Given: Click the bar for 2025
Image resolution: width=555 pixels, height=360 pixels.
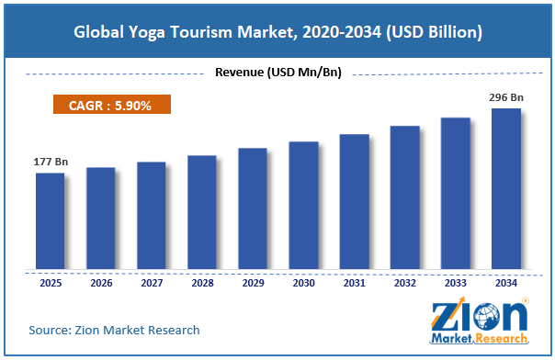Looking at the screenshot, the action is click(50, 221).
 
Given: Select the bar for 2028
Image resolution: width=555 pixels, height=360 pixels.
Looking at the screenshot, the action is click(202, 212).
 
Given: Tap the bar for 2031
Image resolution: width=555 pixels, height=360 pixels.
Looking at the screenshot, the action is click(355, 201).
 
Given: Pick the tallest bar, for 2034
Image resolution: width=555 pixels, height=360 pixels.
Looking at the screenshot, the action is click(506, 189).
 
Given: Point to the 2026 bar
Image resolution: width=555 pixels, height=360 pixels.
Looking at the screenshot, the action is click(100, 219).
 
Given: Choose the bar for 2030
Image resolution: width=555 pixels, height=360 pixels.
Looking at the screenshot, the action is click(303, 206).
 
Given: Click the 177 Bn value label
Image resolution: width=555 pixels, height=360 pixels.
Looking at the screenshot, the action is click(51, 162).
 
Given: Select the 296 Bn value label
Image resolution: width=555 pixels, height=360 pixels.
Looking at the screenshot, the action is click(506, 97).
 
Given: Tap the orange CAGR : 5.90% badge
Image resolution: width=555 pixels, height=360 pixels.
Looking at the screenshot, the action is click(112, 105).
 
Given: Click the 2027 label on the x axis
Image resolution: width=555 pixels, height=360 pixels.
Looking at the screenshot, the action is click(152, 283).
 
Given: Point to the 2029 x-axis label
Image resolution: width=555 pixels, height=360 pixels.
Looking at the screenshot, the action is click(253, 283).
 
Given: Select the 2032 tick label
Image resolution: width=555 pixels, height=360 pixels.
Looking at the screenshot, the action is click(405, 283).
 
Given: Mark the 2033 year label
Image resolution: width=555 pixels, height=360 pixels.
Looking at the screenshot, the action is click(456, 283).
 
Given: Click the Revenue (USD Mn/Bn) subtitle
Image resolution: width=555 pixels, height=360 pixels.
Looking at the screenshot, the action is click(278, 73).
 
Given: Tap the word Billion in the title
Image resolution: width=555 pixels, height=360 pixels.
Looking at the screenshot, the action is click(452, 32).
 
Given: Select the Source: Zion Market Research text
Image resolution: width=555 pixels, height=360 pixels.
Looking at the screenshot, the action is click(114, 330).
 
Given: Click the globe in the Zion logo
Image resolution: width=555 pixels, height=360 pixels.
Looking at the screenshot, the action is click(487, 317).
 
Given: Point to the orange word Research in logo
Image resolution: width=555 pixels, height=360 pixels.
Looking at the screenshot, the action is click(502, 339).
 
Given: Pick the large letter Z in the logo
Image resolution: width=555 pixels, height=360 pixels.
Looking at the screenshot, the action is click(445, 317).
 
